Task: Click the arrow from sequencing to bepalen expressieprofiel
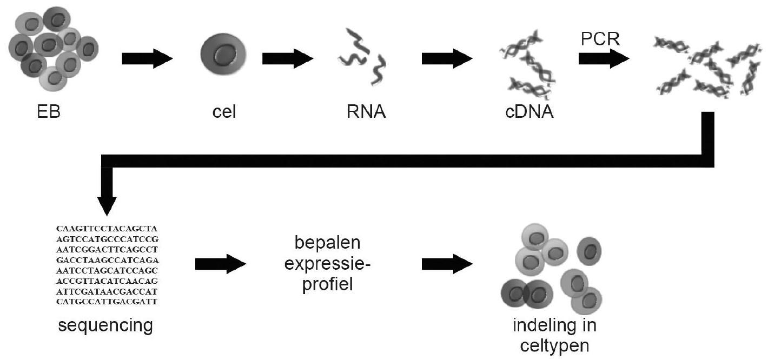click(219, 263)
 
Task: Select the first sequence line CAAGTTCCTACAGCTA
click(107, 229)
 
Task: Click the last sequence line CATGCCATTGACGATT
click(107, 301)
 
